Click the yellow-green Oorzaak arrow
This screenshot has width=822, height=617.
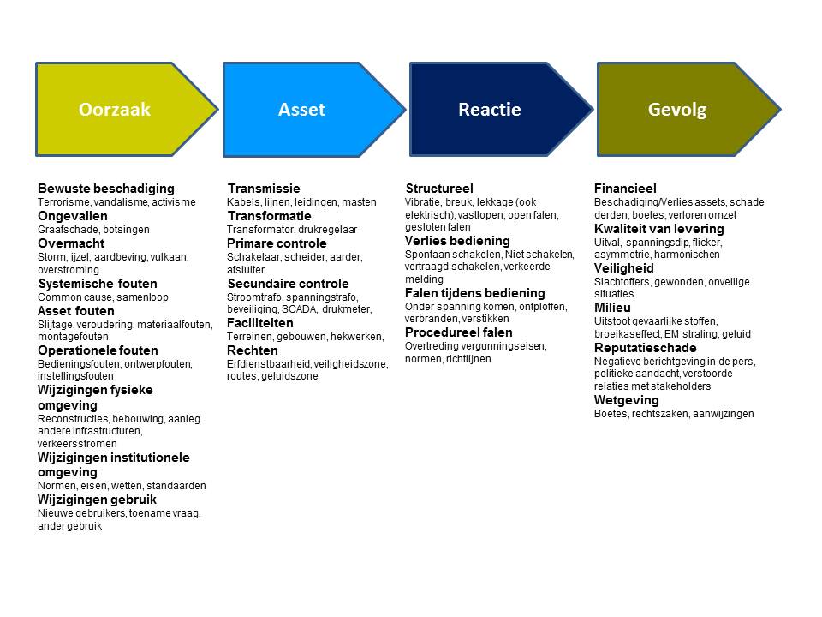[126, 109]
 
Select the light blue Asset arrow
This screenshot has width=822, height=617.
[313, 109]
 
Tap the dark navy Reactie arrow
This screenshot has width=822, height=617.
[501, 109]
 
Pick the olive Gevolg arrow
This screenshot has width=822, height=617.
[688, 109]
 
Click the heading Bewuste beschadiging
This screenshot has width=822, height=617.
[106, 189]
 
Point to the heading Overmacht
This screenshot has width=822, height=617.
[71, 243]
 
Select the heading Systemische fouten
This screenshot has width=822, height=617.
[98, 284]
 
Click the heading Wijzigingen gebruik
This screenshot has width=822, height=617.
[97, 500]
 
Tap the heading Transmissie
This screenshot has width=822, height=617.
[264, 189]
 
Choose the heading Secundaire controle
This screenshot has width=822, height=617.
[288, 284]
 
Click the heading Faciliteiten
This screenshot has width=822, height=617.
[260, 323]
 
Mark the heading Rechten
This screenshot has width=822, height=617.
[252, 350]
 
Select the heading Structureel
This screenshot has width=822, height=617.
[439, 189]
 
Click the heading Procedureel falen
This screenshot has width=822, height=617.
[459, 332]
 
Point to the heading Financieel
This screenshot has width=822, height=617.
[625, 189]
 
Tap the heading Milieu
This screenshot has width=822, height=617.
[612, 308]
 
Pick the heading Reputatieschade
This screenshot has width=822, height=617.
[646, 348]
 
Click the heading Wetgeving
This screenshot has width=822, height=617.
[627, 400]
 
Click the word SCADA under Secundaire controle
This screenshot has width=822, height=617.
[300, 309]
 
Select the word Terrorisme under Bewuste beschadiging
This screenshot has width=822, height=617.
[63, 202]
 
